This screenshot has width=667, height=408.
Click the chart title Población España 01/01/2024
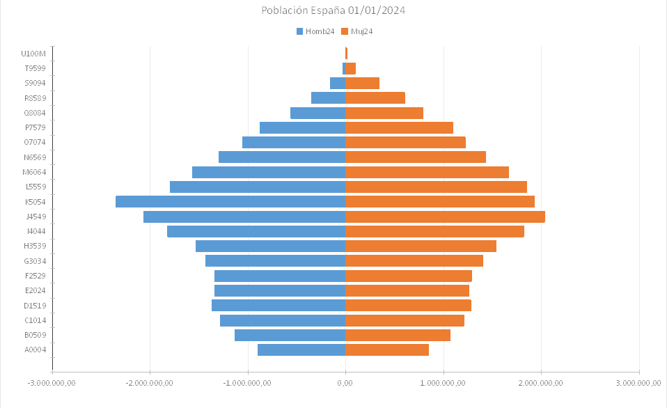point(333,10)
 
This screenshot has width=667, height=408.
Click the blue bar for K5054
point(230,202)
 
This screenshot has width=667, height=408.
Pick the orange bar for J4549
point(445,217)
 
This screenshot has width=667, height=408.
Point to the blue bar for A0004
point(301,350)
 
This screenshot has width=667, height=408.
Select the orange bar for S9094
point(362,84)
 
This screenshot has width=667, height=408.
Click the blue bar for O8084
point(317,113)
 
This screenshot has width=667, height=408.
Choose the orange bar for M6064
point(427,172)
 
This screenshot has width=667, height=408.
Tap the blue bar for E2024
point(280,290)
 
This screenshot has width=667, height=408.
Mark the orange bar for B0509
point(398,335)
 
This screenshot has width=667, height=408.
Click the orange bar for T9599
point(350,68)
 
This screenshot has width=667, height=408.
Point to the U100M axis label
point(33,54)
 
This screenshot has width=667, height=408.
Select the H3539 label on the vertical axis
point(35,246)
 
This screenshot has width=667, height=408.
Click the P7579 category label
point(35,127)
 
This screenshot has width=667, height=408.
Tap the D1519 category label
point(35,305)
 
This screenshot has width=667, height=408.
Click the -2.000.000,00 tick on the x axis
point(150,382)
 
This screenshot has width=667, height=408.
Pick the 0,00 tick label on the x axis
point(345,382)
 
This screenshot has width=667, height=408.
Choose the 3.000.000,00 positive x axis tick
point(638,382)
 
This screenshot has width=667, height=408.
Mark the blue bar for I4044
point(256,231)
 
